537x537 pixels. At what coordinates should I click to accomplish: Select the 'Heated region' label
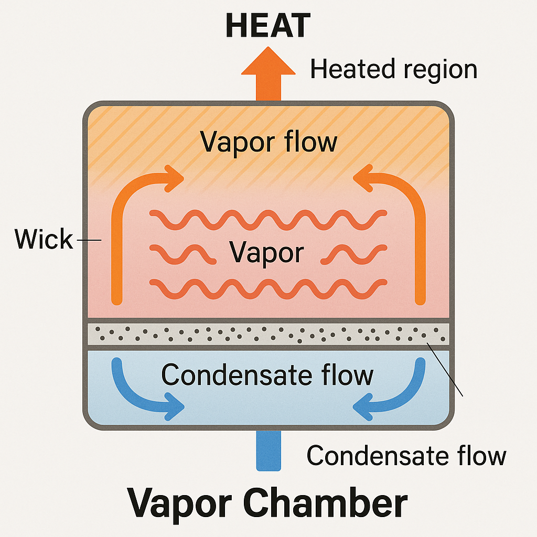point(393,70)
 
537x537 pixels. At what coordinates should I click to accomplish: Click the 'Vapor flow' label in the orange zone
point(268,141)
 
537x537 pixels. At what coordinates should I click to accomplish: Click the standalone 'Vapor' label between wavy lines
point(267,253)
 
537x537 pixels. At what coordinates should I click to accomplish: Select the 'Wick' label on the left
point(44,239)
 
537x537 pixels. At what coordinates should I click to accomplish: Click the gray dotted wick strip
point(268,334)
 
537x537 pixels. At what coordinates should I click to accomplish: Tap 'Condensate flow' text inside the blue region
point(267,375)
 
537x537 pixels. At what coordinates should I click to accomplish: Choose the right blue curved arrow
point(399,393)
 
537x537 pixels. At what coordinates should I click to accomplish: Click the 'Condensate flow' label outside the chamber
point(406,455)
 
